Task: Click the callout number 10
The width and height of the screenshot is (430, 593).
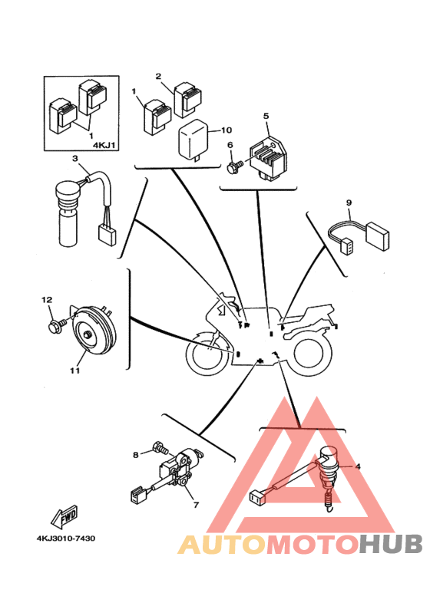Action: click(226, 130)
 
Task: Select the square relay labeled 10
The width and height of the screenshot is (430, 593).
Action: click(193, 140)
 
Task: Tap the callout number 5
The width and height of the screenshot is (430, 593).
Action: click(266, 116)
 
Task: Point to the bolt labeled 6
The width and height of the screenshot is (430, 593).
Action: click(234, 166)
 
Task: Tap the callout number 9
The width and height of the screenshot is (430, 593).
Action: click(349, 203)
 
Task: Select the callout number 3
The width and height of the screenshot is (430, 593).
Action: click(75, 159)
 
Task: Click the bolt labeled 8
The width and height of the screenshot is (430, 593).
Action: click(160, 449)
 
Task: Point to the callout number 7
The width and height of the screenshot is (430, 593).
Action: click(196, 505)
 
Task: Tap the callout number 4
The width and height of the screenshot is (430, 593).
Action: click(358, 466)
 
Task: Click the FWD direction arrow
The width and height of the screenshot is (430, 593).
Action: click(64, 516)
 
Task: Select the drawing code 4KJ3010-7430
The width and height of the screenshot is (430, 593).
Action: click(66, 539)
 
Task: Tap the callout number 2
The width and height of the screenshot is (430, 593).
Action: click(159, 77)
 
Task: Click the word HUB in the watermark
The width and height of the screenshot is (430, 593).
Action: click(391, 544)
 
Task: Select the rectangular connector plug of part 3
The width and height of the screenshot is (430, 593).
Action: click(107, 234)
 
